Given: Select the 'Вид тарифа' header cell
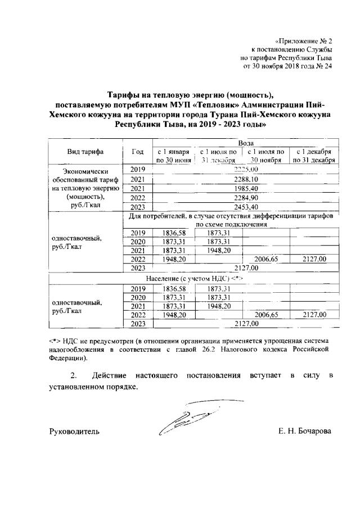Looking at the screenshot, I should point(85,152).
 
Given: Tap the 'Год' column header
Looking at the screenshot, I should point(137,152).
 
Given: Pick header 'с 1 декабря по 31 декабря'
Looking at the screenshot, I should point(313,156).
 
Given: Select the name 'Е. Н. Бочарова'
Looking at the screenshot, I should point(304,432).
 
